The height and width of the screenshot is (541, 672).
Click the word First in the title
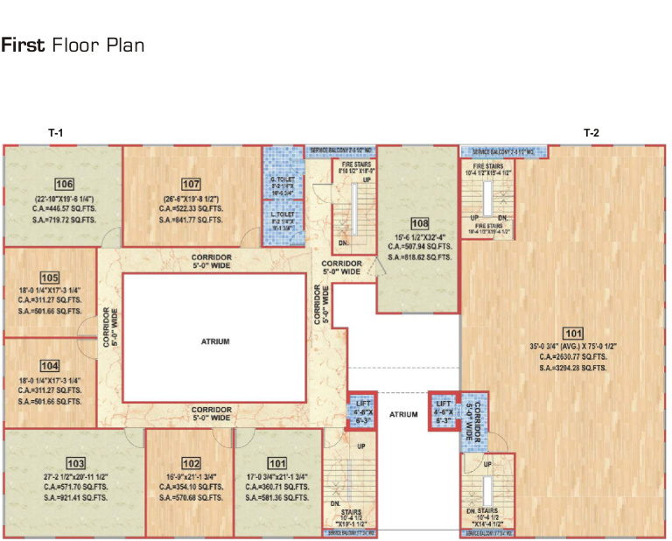click(24, 46)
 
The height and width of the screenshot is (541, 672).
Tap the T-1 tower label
click(55, 133)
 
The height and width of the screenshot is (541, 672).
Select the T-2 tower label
click(591, 133)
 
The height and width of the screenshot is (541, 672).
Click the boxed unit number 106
click(63, 185)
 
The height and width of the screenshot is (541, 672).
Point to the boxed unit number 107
click(191, 185)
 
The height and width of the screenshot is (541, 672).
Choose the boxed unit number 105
click(49, 277)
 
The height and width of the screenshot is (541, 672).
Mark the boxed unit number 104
click(49, 365)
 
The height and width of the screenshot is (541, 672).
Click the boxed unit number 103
click(75, 461)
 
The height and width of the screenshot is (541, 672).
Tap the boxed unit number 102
click(191, 463)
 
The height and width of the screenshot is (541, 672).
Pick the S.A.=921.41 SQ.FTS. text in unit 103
click(75, 497)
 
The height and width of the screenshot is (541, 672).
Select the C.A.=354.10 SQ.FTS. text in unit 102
click(191, 487)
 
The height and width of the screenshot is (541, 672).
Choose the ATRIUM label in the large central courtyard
click(215, 341)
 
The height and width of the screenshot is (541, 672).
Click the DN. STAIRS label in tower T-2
click(487, 509)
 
